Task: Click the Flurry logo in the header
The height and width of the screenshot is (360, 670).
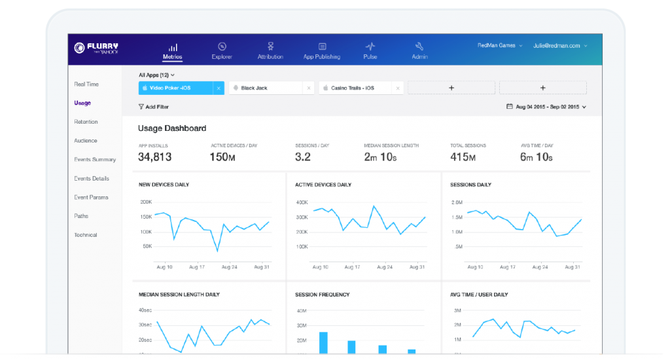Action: [x=96, y=48]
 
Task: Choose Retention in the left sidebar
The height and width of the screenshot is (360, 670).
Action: [x=86, y=122]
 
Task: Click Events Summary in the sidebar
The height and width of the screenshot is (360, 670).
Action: [x=95, y=160]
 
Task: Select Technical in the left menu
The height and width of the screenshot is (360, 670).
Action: [x=85, y=235]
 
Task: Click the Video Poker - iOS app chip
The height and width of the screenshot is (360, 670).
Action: [x=175, y=88]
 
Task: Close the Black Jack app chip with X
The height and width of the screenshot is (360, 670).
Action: [x=309, y=88]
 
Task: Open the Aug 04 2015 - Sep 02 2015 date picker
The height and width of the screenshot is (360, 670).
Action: [x=546, y=107]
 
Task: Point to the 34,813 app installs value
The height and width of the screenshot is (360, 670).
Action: [x=155, y=157]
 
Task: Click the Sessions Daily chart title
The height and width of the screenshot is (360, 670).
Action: [x=471, y=185]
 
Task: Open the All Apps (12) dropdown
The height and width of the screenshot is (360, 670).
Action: [x=156, y=75]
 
